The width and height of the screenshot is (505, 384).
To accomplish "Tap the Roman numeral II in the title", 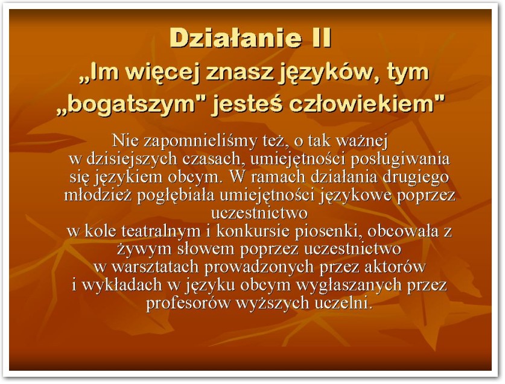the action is pyautogui.click(x=321, y=37).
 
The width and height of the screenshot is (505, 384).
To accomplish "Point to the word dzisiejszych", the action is pyautogui.click(x=132, y=159).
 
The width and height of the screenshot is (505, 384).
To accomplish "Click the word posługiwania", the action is pyautogui.click(x=399, y=159).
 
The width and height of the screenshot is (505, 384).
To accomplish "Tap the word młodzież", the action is pyautogui.click(x=98, y=195).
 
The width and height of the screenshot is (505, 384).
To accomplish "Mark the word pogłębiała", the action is pyautogui.click(x=176, y=195).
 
